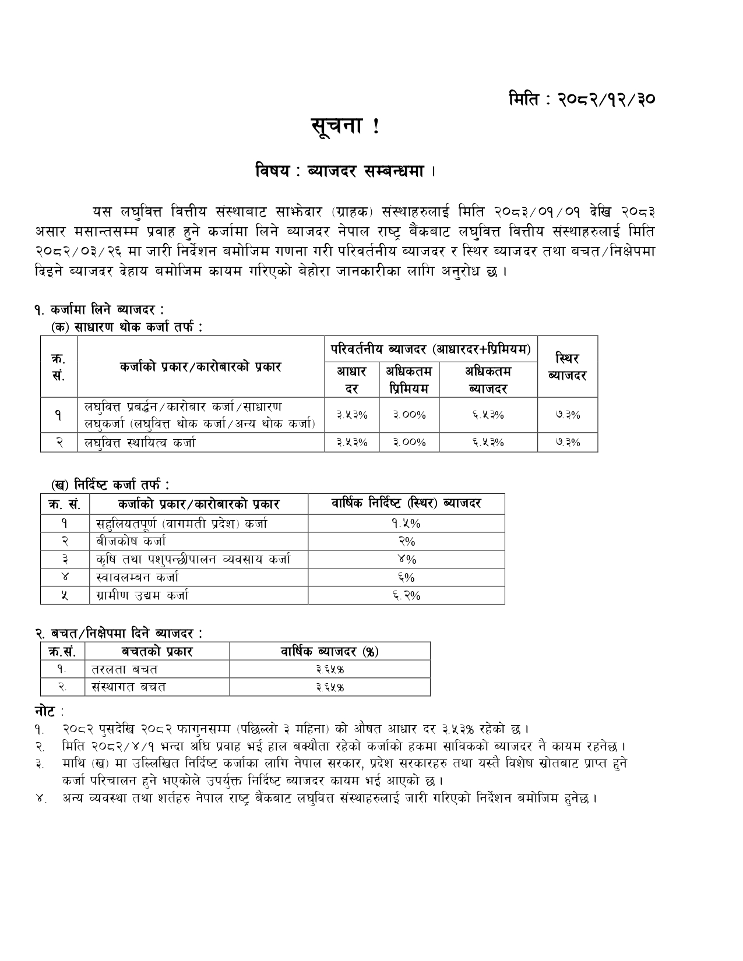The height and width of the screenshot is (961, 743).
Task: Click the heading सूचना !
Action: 345,127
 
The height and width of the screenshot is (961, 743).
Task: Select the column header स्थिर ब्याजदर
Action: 567,367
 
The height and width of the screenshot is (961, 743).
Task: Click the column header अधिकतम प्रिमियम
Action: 409,380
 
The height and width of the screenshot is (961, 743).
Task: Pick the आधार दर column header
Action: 351,380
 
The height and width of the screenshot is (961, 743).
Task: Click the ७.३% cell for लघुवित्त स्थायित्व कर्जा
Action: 567,442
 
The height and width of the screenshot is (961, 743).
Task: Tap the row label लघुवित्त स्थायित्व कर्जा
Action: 140,443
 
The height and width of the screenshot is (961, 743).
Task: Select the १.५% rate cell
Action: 406,523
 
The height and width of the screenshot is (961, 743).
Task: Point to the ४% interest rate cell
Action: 406,559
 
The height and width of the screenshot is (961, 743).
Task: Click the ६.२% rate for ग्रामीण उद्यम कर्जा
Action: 406,595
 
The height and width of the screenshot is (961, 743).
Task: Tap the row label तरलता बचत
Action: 125,669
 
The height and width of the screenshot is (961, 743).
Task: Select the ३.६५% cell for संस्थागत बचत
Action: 330,687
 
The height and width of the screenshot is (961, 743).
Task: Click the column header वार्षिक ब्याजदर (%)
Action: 330,651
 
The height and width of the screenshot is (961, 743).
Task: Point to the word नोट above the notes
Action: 45,711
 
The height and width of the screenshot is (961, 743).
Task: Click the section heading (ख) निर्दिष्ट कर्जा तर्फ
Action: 110,484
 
